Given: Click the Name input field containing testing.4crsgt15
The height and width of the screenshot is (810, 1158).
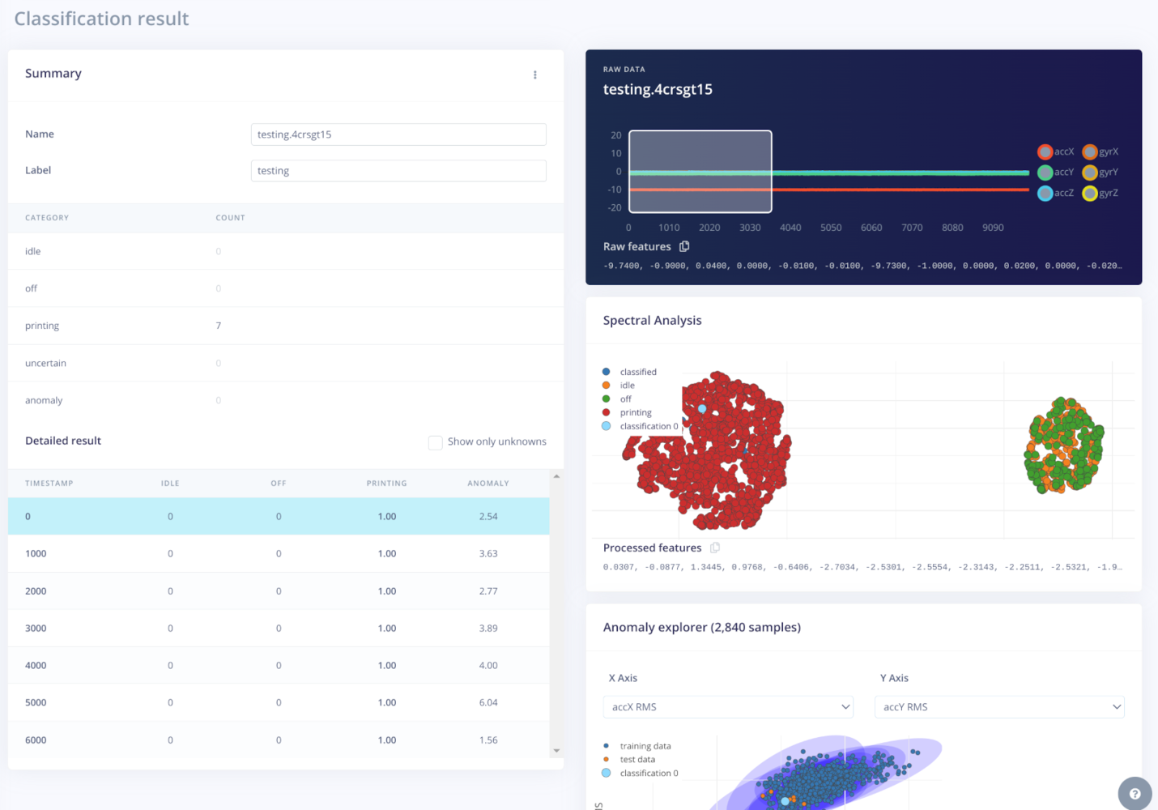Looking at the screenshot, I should tap(398, 134).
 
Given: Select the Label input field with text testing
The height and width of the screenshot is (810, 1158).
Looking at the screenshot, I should tap(398, 171).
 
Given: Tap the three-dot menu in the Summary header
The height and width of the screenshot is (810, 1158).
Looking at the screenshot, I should tap(535, 75).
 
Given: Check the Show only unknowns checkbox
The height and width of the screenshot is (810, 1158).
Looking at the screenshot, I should tap(436, 442).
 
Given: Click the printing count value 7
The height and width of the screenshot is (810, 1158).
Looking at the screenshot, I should tap(219, 326).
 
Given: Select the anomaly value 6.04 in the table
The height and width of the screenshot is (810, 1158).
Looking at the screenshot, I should tap(488, 702).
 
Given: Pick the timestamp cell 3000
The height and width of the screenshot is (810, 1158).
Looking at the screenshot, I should tap(36, 628).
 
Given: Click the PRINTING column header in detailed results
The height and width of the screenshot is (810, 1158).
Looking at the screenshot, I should tap(386, 484).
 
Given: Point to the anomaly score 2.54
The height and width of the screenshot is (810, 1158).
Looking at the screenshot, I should tap(488, 516).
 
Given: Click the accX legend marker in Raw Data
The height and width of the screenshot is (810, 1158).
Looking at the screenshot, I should tap(1045, 151).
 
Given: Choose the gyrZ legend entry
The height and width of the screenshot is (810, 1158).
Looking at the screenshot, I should tap(1101, 193).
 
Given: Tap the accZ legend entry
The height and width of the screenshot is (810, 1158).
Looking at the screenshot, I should tap(1056, 193).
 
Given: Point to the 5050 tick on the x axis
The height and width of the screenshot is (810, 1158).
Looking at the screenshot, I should tap(831, 228).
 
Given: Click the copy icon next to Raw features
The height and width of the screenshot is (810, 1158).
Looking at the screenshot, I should tap(684, 246).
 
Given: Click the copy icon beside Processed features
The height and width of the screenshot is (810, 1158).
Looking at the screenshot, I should tap(715, 548).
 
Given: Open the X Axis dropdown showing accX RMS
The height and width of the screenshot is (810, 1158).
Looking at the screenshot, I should tap(728, 707).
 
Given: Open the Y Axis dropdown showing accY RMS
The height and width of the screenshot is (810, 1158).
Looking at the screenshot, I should tap(999, 707).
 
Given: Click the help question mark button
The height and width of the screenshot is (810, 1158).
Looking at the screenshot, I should tap(1135, 794).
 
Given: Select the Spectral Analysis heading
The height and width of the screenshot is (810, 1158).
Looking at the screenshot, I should tap(652, 320).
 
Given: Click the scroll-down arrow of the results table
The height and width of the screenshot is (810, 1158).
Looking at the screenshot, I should tap(556, 751).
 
